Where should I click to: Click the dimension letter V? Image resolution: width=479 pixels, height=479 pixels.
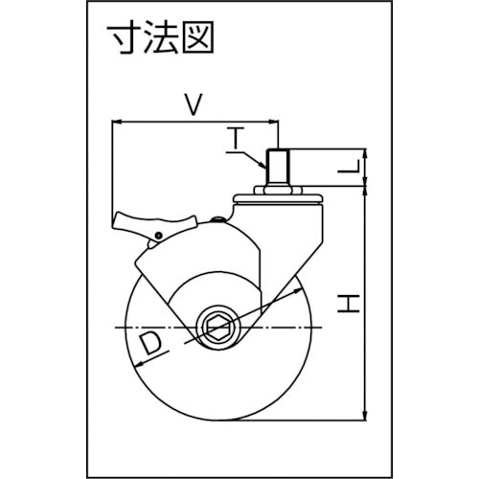pyautogui.click(x=194, y=103)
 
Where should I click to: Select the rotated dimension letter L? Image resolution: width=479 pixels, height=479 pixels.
pyautogui.click(x=349, y=166)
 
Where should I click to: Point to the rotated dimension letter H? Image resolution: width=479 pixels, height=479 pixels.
pyautogui.click(x=349, y=304)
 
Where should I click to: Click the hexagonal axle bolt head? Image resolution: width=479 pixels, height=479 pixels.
pyautogui.click(x=217, y=328)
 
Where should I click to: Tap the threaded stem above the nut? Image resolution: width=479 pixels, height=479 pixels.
pyautogui.click(x=278, y=168)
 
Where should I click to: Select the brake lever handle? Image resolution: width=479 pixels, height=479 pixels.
pyautogui.click(x=154, y=221)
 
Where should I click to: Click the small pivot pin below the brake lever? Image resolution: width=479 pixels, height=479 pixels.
pyautogui.click(x=157, y=236)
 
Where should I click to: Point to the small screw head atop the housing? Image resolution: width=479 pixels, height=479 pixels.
pyautogui.click(x=218, y=219)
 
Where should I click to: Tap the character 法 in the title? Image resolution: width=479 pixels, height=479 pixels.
pyautogui.click(x=161, y=37)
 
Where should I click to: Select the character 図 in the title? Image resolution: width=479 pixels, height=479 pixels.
pyautogui.click(x=197, y=37)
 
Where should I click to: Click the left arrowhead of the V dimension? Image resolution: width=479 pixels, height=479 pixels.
pyautogui.click(x=116, y=122)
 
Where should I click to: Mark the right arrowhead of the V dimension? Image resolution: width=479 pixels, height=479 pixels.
pyautogui.click(x=275, y=122)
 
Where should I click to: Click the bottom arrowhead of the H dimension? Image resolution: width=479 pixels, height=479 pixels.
pyautogui.click(x=365, y=416)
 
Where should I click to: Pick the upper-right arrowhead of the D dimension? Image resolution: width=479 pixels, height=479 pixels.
pyautogui.click(x=298, y=290)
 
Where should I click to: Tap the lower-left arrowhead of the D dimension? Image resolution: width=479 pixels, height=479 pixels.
pyautogui.click(x=139, y=365)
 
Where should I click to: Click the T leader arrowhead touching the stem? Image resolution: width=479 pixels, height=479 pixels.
pyautogui.click(x=262, y=166)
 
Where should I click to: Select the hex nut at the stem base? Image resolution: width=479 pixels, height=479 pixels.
pyautogui.click(x=278, y=191)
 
